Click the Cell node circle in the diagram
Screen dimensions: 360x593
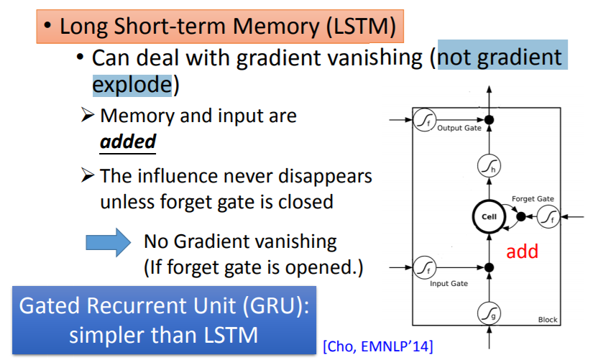[x=489, y=216]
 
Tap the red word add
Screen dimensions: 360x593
[x=523, y=252]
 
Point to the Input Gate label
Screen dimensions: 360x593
[x=449, y=284]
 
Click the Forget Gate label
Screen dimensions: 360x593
[x=533, y=198]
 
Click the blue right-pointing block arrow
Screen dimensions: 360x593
[x=108, y=244]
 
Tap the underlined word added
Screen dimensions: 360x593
[x=128, y=141]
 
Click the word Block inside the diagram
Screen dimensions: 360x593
[x=548, y=320]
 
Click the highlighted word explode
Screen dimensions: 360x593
[x=132, y=85]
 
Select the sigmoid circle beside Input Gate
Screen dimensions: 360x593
[x=422, y=268]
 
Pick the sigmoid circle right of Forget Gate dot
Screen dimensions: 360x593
[x=548, y=215]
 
